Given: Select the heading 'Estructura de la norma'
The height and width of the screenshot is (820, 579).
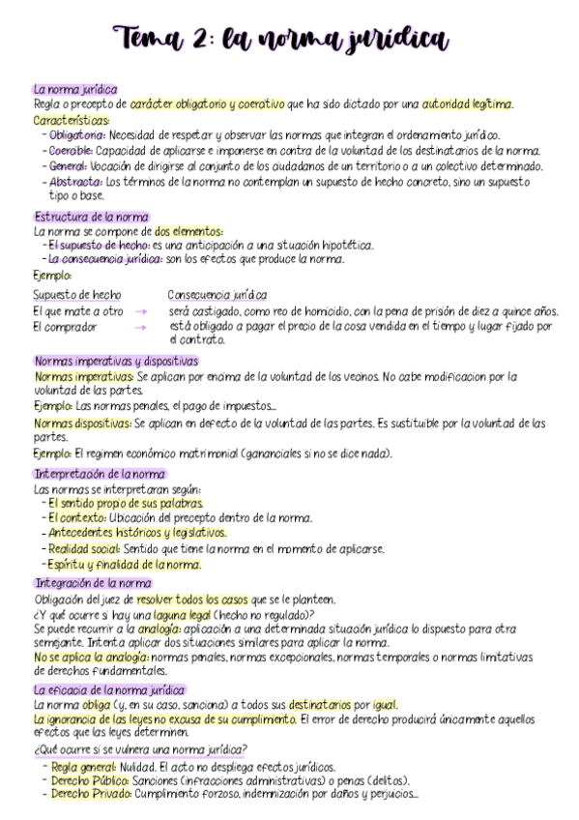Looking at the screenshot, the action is (91, 218).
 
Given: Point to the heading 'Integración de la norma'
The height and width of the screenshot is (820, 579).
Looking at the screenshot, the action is (92, 584).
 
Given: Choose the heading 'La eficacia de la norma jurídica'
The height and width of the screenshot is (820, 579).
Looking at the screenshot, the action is (109, 690).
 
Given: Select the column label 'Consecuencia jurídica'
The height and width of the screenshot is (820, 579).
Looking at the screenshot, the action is (217, 294).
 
